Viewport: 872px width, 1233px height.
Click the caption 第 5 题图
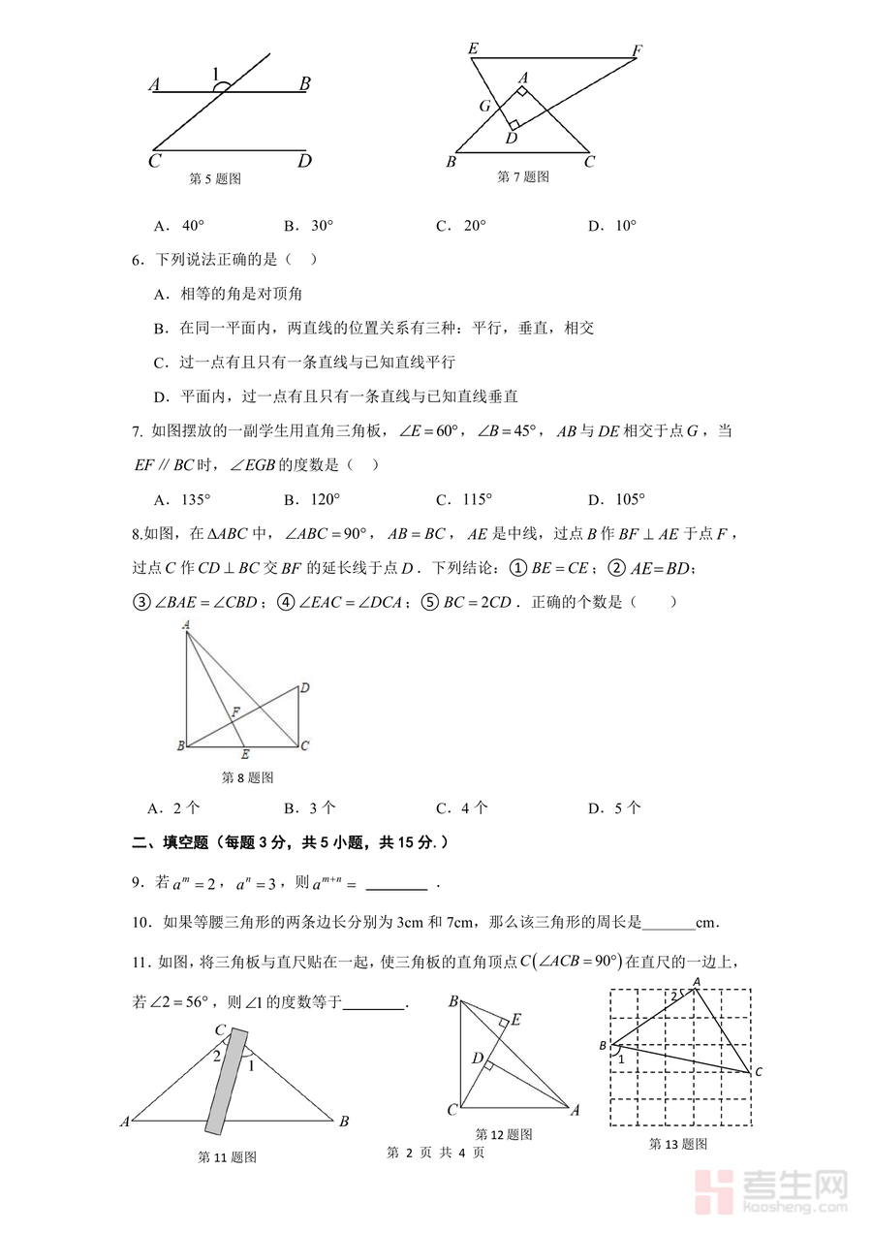(214, 178)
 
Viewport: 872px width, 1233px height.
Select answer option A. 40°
(178, 226)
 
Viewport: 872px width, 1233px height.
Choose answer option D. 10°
(612, 226)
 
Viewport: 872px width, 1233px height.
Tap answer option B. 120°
(308, 499)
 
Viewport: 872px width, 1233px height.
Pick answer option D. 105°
(616, 499)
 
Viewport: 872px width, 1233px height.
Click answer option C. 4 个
(461, 807)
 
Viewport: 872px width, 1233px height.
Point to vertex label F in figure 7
(637, 49)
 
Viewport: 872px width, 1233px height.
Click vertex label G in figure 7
(484, 106)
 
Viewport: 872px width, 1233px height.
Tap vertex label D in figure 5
(304, 161)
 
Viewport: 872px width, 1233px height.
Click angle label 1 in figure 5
(216, 73)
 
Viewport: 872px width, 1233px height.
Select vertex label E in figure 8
(245, 754)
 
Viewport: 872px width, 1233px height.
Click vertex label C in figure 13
(759, 1071)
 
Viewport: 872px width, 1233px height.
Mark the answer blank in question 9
(396, 884)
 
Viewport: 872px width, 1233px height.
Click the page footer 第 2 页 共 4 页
(435, 1153)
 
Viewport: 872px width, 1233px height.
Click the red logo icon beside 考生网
(717, 1191)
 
